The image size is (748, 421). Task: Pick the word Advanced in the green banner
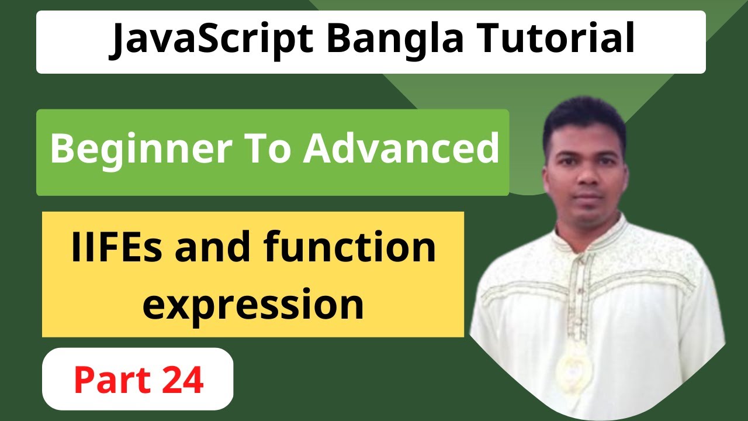(401, 149)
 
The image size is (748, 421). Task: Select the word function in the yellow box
(349, 247)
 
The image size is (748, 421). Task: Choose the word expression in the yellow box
(253, 304)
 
